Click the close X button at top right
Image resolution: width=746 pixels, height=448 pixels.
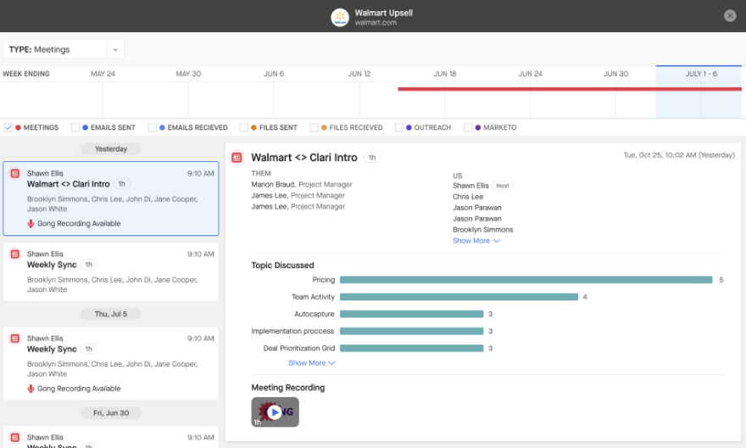(x=730, y=16)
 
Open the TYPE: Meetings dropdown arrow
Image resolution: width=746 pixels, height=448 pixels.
(x=115, y=49)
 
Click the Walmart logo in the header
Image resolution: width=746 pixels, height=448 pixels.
(x=340, y=18)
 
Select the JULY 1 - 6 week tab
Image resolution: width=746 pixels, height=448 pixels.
(x=701, y=74)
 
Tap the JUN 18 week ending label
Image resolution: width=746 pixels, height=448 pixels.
(x=445, y=74)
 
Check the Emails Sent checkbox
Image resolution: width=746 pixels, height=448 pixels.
(x=75, y=127)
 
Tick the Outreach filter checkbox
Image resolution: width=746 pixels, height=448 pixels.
(x=398, y=127)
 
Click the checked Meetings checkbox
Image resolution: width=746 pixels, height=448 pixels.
(x=8, y=127)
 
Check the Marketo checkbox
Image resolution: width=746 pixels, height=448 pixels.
(x=468, y=127)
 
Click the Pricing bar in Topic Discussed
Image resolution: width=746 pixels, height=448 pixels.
(x=526, y=280)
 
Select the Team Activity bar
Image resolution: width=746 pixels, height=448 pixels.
(x=459, y=297)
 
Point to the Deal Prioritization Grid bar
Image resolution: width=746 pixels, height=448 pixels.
(x=411, y=349)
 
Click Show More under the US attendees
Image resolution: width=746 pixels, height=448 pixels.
(x=476, y=241)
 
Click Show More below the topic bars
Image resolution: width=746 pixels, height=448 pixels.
(x=312, y=363)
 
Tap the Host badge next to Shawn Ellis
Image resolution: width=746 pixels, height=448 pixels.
(x=503, y=186)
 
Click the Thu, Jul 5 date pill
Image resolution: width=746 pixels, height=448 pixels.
(x=111, y=314)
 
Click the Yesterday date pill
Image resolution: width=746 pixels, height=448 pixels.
(x=111, y=149)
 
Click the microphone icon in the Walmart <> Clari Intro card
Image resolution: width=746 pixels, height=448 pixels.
(x=31, y=224)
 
